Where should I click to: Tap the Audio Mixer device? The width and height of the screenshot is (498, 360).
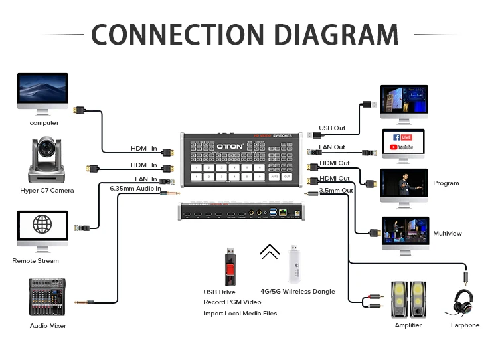pyautogui.click(x=48, y=298)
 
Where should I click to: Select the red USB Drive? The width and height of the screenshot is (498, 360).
pyautogui.click(x=229, y=266)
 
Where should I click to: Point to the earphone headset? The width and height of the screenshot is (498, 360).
pyautogui.click(x=463, y=303)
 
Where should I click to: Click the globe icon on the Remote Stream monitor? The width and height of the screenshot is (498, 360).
pyautogui.click(x=42, y=224)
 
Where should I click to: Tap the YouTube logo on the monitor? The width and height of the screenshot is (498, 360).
pyautogui.click(x=402, y=147)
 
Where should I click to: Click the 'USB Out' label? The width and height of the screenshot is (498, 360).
pyautogui.click(x=332, y=128)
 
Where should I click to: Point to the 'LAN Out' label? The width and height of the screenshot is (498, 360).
pyautogui.click(x=332, y=147)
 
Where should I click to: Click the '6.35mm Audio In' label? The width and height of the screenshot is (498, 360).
pyautogui.click(x=135, y=189)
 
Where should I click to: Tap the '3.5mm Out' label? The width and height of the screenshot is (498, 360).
pyautogui.click(x=335, y=190)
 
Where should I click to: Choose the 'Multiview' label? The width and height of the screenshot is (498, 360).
pyautogui.click(x=447, y=234)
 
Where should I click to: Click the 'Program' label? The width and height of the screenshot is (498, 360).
pyautogui.click(x=446, y=183)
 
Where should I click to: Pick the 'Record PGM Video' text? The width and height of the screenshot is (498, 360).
pyautogui.click(x=232, y=302)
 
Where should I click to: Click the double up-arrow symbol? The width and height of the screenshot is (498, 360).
pyautogui.click(x=269, y=252)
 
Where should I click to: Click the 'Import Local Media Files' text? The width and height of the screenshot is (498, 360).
pyautogui.click(x=240, y=314)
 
